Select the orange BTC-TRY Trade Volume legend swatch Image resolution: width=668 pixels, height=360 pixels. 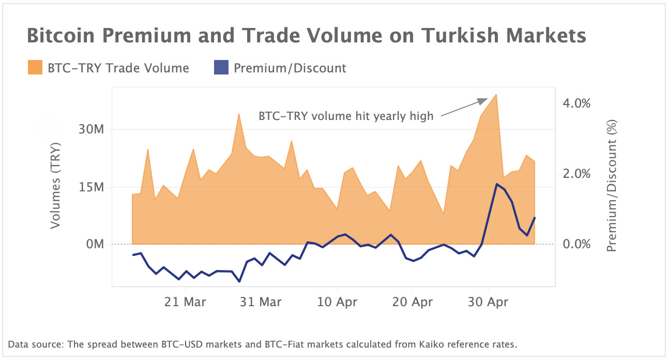tap(35, 68)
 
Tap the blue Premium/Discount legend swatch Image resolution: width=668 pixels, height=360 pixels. tap(221, 68)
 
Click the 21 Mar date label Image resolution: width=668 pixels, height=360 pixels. tap(186, 302)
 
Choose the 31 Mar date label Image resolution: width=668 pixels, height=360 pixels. tap(262, 302)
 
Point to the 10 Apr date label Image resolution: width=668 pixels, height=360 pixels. tap(337, 302)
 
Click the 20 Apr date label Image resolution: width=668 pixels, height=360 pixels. tap(413, 302)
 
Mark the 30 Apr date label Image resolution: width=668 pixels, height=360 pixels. tap(489, 302)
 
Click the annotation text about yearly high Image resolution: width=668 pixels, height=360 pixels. tap(346, 116)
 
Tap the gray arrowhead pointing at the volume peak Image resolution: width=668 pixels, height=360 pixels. tap(483, 100)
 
